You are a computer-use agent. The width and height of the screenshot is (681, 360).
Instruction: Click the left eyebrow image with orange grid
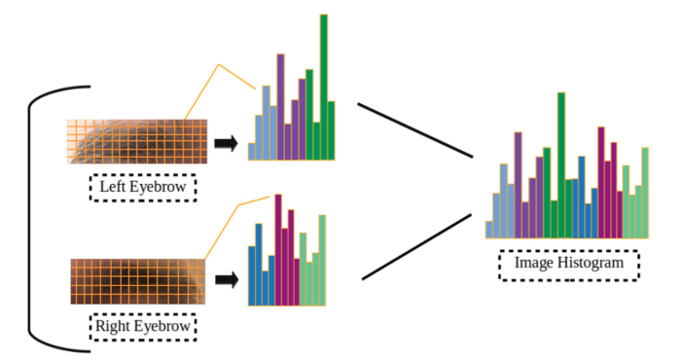[137, 140]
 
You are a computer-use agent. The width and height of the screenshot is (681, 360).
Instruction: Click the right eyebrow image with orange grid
[137, 281]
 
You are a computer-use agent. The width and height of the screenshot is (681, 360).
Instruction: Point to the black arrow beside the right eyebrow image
[227, 280]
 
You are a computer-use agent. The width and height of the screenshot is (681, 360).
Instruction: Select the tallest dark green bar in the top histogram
[324, 88]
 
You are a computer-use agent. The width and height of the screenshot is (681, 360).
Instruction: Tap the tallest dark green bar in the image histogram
[561, 165]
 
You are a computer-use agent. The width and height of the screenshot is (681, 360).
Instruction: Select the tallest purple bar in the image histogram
[518, 185]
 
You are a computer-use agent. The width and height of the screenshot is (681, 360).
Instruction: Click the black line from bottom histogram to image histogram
[418, 248]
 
